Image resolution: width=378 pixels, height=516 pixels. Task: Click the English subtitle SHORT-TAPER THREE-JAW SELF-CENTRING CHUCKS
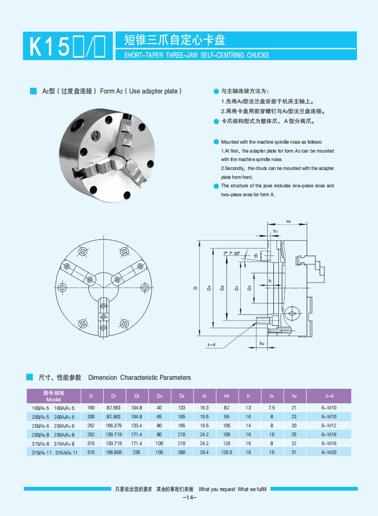[x=196, y=55]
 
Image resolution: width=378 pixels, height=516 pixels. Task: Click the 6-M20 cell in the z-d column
[x=329, y=452]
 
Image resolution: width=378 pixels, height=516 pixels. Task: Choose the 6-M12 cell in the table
[x=329, y=425]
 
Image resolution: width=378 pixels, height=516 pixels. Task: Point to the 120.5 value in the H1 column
[x=227, y=452]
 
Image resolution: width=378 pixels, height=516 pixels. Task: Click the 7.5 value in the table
[x=271, y=408]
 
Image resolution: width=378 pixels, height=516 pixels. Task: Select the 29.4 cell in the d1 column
[x=204, y=452]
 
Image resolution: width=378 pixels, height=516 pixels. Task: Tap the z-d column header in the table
[x=329, y=396]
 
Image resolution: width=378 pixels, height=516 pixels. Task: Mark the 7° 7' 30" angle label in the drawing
[x=231, y=254]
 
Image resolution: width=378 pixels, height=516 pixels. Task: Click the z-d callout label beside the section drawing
[x=211, y=345]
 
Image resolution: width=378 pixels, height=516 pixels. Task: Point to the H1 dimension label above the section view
[x=289, y=221]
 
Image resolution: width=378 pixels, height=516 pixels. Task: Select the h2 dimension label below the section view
[x=262, y=344]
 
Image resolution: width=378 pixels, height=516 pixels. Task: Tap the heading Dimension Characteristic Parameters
[x=139, y=377]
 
